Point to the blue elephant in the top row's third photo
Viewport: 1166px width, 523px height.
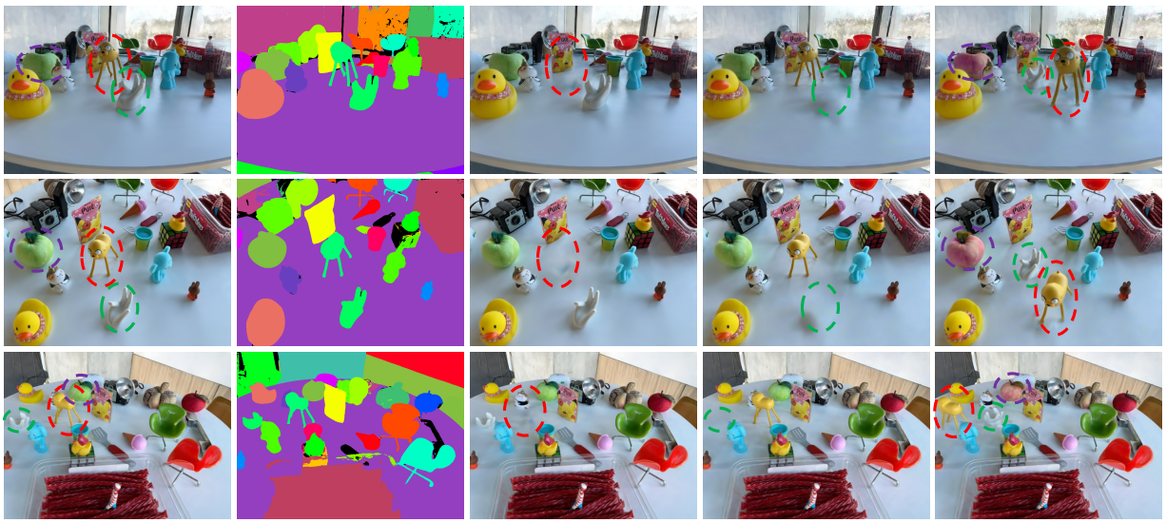click(635, 68)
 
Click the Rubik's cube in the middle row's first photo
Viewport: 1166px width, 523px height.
click(173, 233)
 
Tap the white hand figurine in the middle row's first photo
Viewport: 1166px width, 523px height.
click(121, 306)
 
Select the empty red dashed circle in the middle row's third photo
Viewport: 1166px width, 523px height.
click(557, 257)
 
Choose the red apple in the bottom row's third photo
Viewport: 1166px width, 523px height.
click(660, 402)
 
